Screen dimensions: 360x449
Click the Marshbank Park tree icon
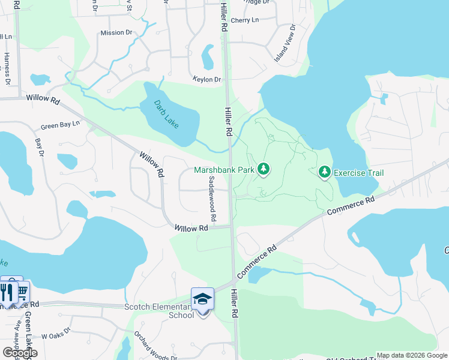(x=263, y=170)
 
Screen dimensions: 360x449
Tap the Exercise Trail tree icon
(x=325, y=173)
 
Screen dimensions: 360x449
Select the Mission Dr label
(x=116, y=32)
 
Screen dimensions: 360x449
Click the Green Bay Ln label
(x=60, y=126)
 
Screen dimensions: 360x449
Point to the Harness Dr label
(x=7, y=67)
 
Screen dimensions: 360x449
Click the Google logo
(x=19, y=352)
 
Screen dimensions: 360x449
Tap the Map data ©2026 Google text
(x=412, y=355)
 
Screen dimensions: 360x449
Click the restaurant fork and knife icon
(x=7, y=292)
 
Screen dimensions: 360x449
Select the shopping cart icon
(x=22, y=292)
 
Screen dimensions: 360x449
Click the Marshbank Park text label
(x=224, y=170)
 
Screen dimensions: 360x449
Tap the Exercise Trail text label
(x=358, y=173)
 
